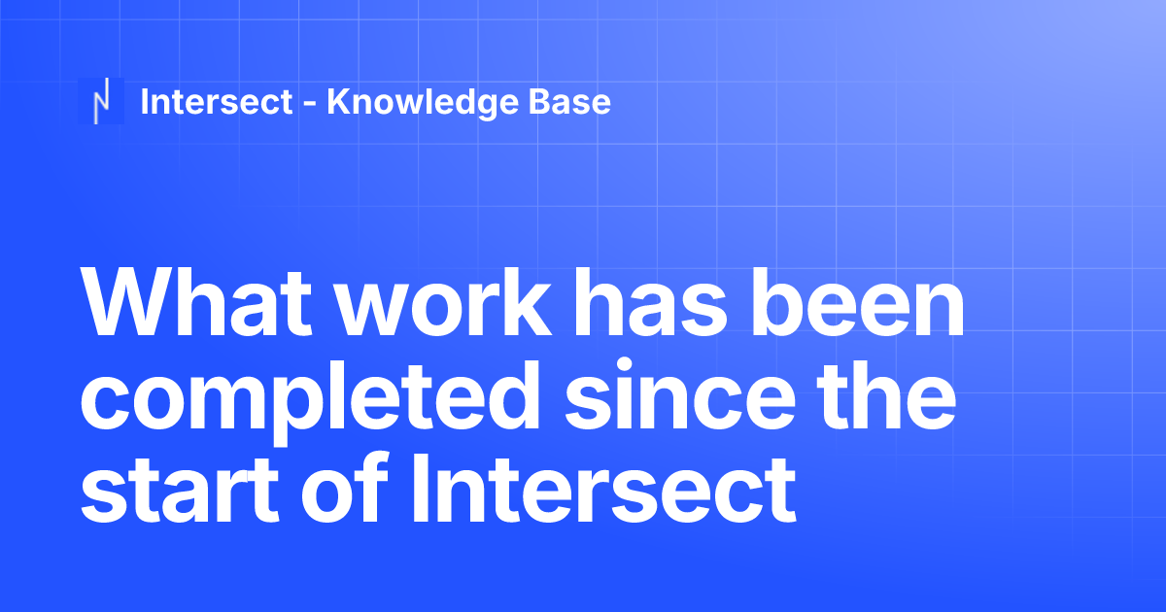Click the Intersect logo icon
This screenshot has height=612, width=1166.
point(101,101)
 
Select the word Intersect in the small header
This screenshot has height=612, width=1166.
point(217,101)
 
